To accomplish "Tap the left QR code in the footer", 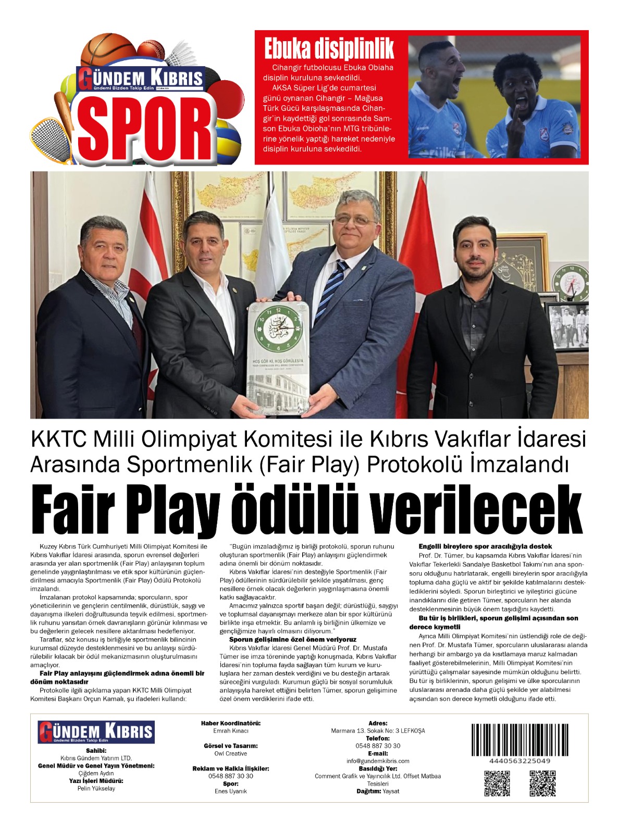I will (x=497, y=783).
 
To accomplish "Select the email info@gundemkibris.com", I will (x=378, y=761).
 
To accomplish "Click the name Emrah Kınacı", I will (x=231, y=731).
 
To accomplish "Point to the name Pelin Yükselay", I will (x=96, y=788).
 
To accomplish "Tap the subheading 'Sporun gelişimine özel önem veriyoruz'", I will (x=293, y=639).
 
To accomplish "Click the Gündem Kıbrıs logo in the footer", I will (x=96, y=732).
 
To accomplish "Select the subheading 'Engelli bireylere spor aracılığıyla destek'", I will (x=485, y=547).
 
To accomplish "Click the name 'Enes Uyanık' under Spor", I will (x=231, y=791).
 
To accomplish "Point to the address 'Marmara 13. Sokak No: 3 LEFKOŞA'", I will (x=378, y=731).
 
